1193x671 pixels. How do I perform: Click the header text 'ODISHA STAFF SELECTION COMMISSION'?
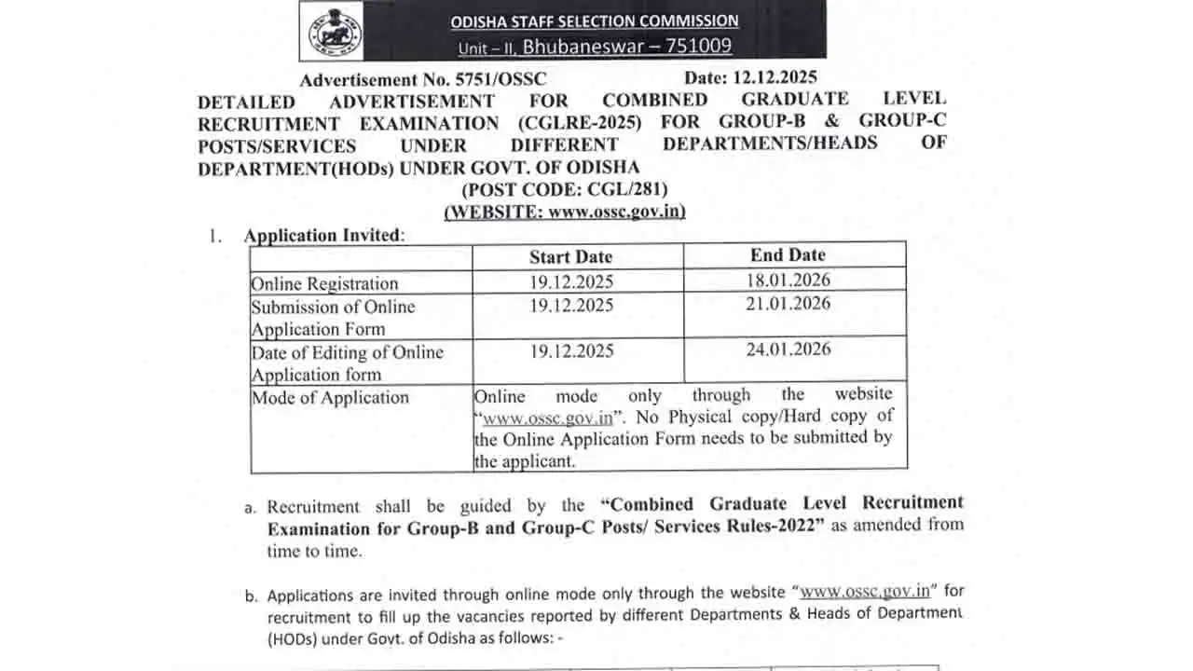595,21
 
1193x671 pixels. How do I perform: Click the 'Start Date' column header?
571,257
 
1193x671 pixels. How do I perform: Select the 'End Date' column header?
788,254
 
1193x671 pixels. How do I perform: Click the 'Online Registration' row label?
324,283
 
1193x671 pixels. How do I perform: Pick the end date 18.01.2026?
788,280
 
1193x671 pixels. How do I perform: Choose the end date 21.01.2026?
788,303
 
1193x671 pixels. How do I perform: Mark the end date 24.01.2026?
788,349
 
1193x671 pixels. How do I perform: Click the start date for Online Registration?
572,281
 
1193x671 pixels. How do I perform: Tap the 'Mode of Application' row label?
330,398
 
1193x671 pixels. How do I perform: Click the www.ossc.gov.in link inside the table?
547,418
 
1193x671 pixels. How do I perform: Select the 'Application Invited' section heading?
323,236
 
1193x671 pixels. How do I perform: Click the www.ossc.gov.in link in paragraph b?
865,591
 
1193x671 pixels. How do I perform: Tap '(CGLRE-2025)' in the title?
580,122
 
